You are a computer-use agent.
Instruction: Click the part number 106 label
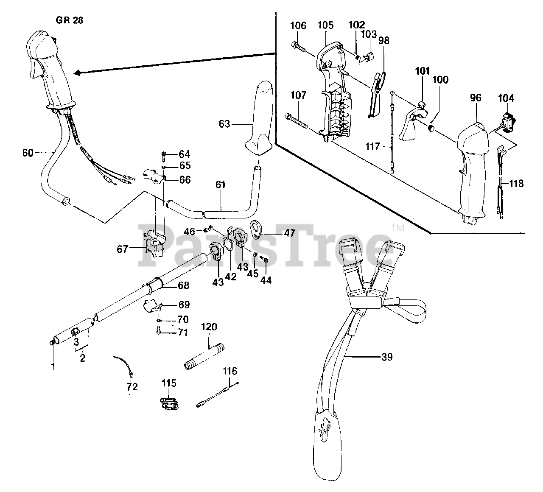pos(298,25)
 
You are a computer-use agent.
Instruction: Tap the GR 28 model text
pos(70,20)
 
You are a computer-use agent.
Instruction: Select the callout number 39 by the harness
pos(387,357)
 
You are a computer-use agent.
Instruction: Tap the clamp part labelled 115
pos(168,403)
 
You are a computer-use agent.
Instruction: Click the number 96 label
pos(476,98)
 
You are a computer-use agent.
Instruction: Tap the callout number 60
pos(28,152)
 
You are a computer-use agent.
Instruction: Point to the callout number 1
pos(53,366)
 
